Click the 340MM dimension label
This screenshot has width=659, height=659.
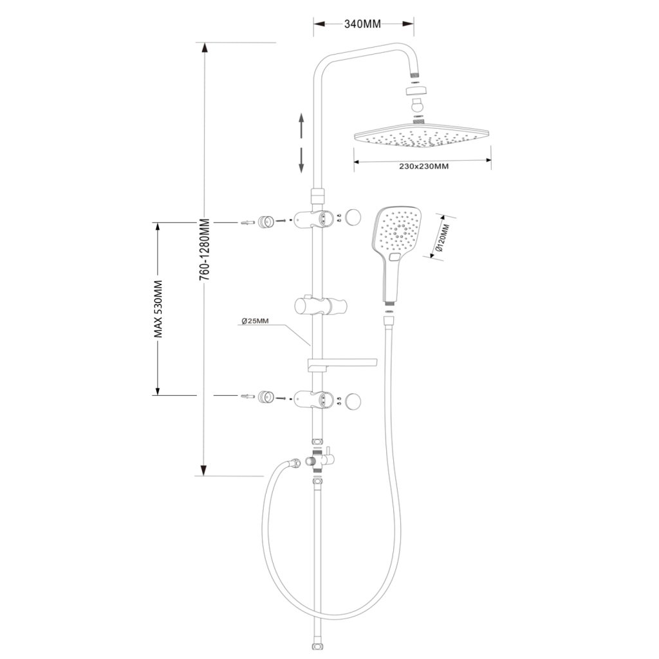[x=363, y=24]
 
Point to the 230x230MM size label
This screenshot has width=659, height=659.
[x=423, y=166]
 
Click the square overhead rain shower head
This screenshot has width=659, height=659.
[x=422, y=136]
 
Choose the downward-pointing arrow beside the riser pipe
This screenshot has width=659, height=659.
[x=301, y=160]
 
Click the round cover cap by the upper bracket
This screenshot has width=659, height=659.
[x=353, y=217]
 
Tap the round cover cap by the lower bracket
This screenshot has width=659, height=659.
[x=353, y=401]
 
